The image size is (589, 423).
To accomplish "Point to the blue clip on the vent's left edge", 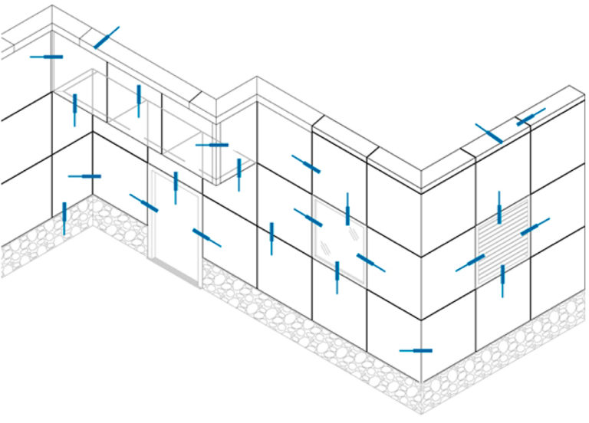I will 470,263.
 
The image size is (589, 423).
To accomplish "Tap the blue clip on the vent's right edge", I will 535,228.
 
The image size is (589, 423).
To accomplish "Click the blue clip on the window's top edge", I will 347,208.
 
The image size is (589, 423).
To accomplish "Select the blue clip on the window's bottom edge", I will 337,277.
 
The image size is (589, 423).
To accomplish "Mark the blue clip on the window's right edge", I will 370,262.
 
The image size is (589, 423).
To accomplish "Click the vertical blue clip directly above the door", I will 176,186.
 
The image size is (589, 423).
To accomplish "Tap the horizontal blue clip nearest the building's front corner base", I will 416,351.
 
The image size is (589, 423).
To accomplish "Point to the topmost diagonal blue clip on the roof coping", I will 107,38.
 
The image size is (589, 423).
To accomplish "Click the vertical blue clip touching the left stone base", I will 64,218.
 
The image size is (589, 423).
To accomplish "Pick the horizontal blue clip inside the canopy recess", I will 212,144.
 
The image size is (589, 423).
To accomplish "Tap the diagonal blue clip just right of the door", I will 206,238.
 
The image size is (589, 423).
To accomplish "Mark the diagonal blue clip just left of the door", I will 144,203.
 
